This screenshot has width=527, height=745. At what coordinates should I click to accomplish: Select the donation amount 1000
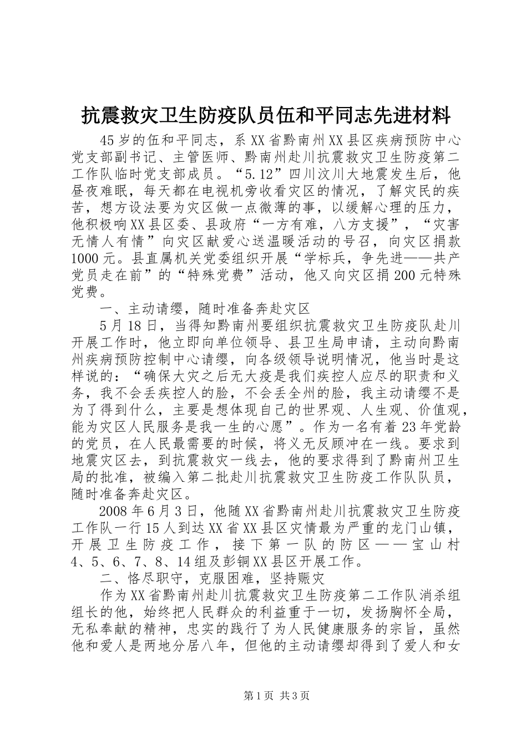[x=87, y=259]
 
